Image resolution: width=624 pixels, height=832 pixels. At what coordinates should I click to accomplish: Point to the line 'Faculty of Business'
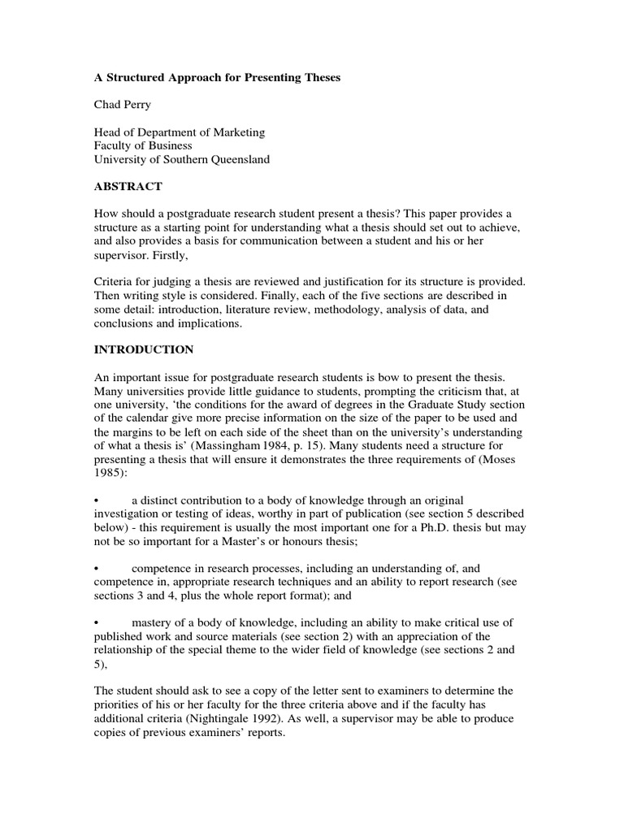click(143, 146)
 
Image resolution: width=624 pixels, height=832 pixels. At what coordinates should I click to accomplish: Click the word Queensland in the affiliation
click(238, 160)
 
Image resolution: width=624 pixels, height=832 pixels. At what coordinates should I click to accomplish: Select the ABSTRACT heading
click(128, 187)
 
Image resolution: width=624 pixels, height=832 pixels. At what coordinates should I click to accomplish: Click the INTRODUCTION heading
click(144, 350)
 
